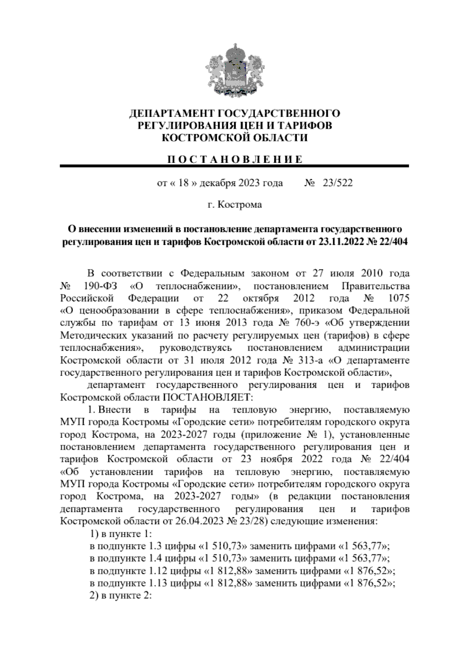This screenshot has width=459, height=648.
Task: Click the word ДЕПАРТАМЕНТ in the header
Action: [172, 113]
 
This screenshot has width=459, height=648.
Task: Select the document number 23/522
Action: [337, 183]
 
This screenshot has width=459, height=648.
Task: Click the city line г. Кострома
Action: [234, 205]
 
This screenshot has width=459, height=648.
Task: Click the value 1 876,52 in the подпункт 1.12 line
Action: [369, 570]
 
